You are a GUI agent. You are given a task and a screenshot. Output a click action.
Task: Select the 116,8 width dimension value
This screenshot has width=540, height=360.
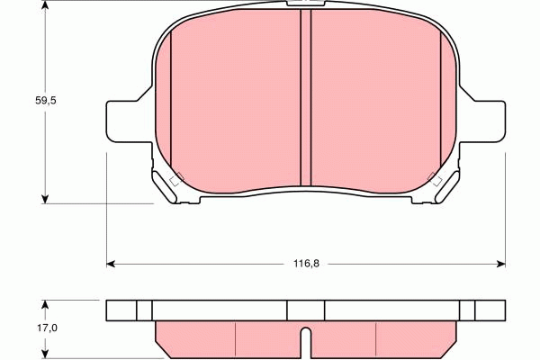pos(306,264)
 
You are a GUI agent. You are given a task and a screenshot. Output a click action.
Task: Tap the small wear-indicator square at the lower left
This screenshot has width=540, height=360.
pos(176,178)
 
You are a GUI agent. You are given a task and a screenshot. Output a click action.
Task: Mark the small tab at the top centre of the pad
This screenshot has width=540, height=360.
pos(305,5)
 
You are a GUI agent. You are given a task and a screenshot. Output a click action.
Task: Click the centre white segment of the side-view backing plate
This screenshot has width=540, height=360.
pos(306,310)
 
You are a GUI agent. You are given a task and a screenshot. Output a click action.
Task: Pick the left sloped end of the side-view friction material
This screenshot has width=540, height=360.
pos(159,339)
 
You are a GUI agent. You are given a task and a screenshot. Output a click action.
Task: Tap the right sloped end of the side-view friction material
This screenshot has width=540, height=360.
pos(454,339)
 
